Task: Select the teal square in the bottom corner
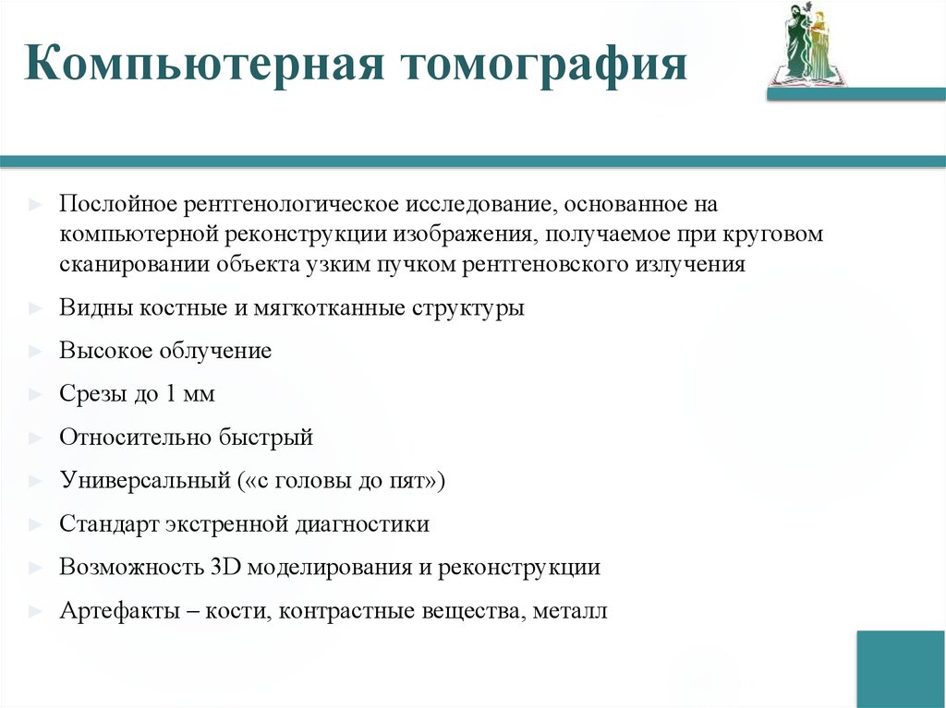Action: point(900,669)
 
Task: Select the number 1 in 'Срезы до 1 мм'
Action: point(173,394)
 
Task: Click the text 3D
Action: point(225,567)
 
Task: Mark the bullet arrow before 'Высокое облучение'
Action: point(34,352)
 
